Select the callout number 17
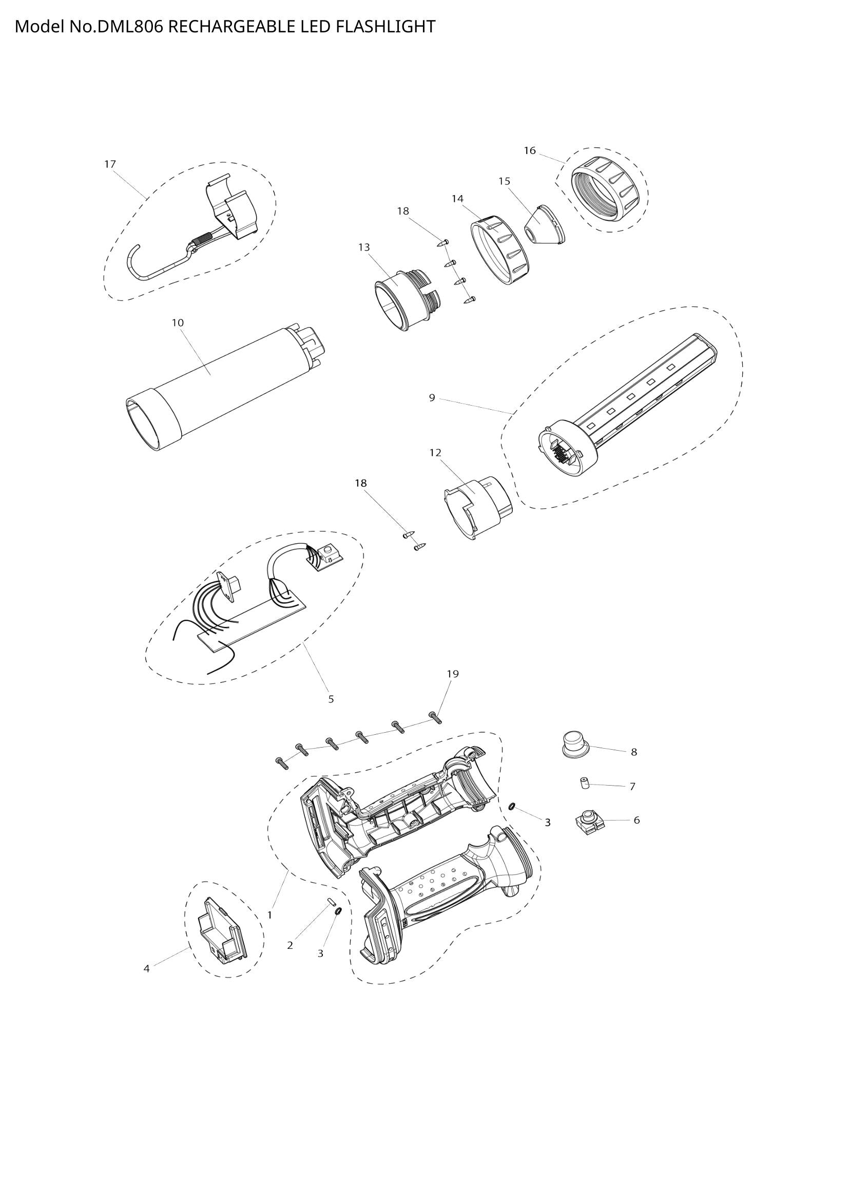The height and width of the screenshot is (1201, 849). [110, 164]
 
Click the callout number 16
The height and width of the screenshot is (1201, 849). [530, 150]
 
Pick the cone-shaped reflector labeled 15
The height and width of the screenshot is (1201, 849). [544, 226]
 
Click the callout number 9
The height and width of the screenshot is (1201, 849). [432, 398]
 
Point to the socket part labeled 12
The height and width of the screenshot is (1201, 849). [477, 505]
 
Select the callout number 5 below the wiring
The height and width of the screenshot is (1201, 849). [331, 699]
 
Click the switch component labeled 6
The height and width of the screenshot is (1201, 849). [590, 822]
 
